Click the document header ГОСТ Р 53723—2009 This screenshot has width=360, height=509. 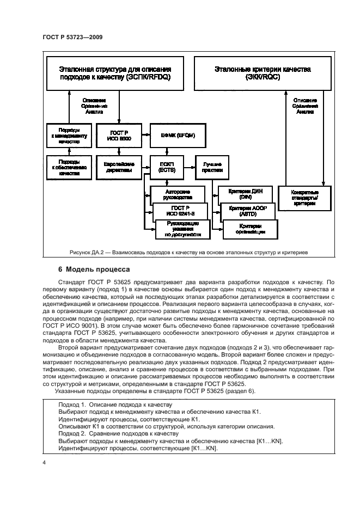72,36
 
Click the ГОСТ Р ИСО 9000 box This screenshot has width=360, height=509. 119,136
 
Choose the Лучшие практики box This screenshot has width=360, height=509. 213,167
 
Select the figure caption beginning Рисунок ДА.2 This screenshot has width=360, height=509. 188,253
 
